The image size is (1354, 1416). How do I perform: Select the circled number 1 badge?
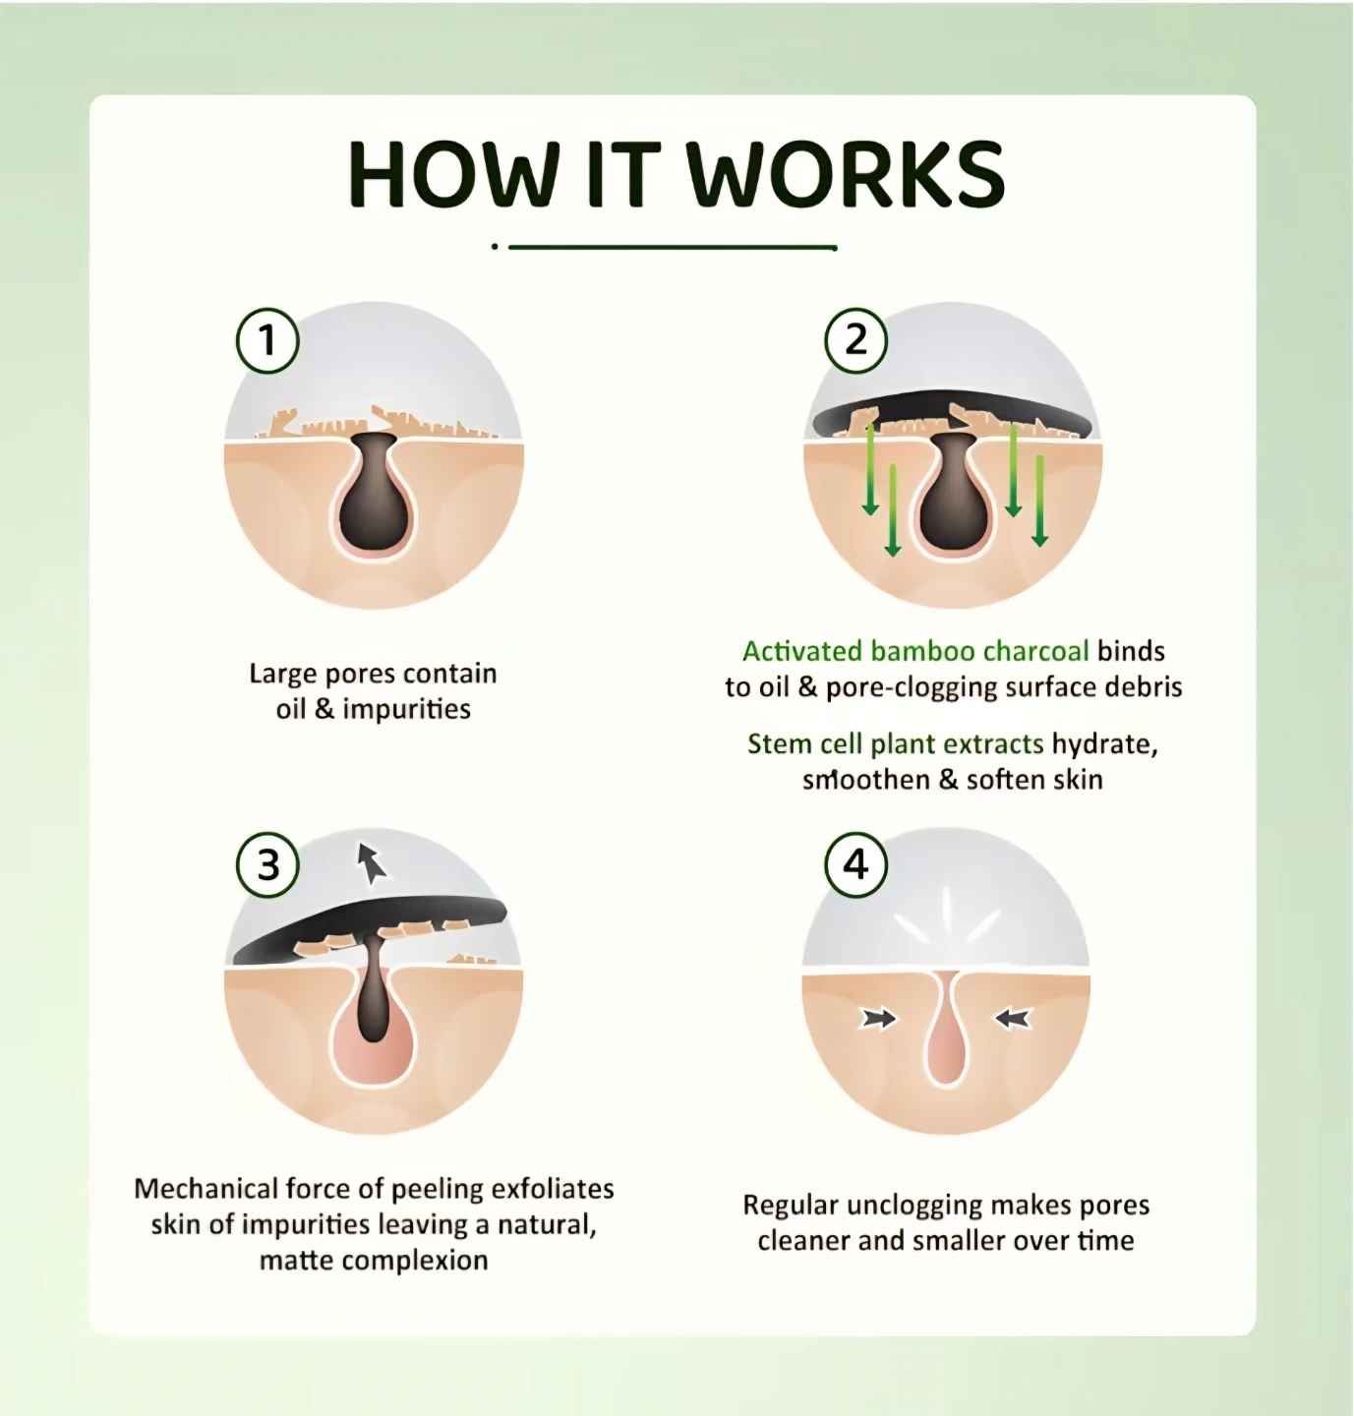(267, 340)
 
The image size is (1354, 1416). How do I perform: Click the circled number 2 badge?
(855, 340)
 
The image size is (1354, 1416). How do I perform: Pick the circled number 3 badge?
(267, 864)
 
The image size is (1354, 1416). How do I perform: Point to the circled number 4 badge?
(855, 864)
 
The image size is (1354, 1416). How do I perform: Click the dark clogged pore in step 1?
(376, 494)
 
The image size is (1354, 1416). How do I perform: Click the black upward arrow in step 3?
(371, 863)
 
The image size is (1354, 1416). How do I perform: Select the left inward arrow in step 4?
(878, 1018)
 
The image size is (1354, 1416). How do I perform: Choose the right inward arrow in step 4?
(1014, 1018)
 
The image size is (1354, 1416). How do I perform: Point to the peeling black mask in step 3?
(369, 930)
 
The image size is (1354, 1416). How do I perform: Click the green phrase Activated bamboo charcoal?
(915, 651)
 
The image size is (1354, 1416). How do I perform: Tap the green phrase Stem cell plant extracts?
(895, 743)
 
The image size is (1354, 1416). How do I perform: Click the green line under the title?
(672, 248)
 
